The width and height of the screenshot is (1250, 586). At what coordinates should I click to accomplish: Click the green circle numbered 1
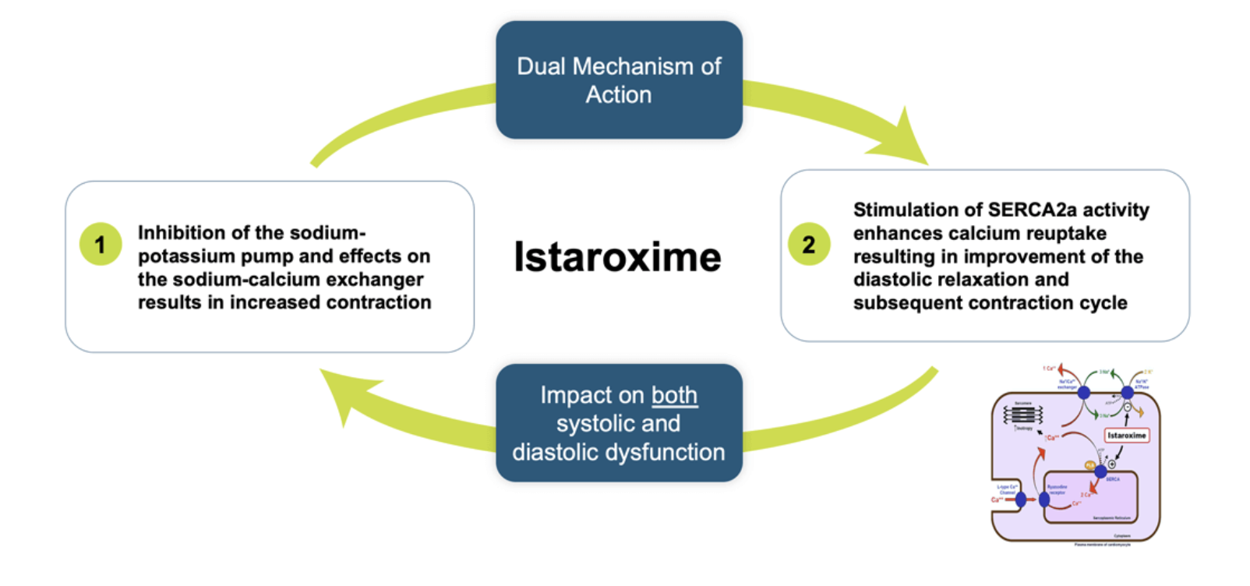(101, 245)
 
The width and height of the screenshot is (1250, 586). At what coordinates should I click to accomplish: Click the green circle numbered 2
(809, 245)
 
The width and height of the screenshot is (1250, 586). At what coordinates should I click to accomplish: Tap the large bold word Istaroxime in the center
(617, 257)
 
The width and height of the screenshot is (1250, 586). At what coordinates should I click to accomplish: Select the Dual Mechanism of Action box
(619, 80)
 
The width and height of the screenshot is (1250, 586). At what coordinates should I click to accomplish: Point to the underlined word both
(674, 395)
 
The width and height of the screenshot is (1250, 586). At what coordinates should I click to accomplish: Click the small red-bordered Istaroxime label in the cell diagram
(1126, 436)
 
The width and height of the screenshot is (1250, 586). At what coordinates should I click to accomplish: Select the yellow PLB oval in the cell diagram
(1089, 465)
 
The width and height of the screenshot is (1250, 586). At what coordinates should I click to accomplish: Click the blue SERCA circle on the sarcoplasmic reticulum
(1100, 471)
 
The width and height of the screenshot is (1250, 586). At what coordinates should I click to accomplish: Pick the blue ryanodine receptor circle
(1044, 500)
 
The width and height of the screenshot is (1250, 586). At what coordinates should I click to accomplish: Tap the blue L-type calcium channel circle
(1021, 500)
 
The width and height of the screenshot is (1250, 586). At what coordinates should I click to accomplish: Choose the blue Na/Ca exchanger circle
(1083, 393)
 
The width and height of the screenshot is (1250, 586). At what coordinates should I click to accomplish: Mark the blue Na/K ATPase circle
(1127, 393)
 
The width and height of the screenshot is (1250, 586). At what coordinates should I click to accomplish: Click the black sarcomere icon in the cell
(1022, 415)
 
